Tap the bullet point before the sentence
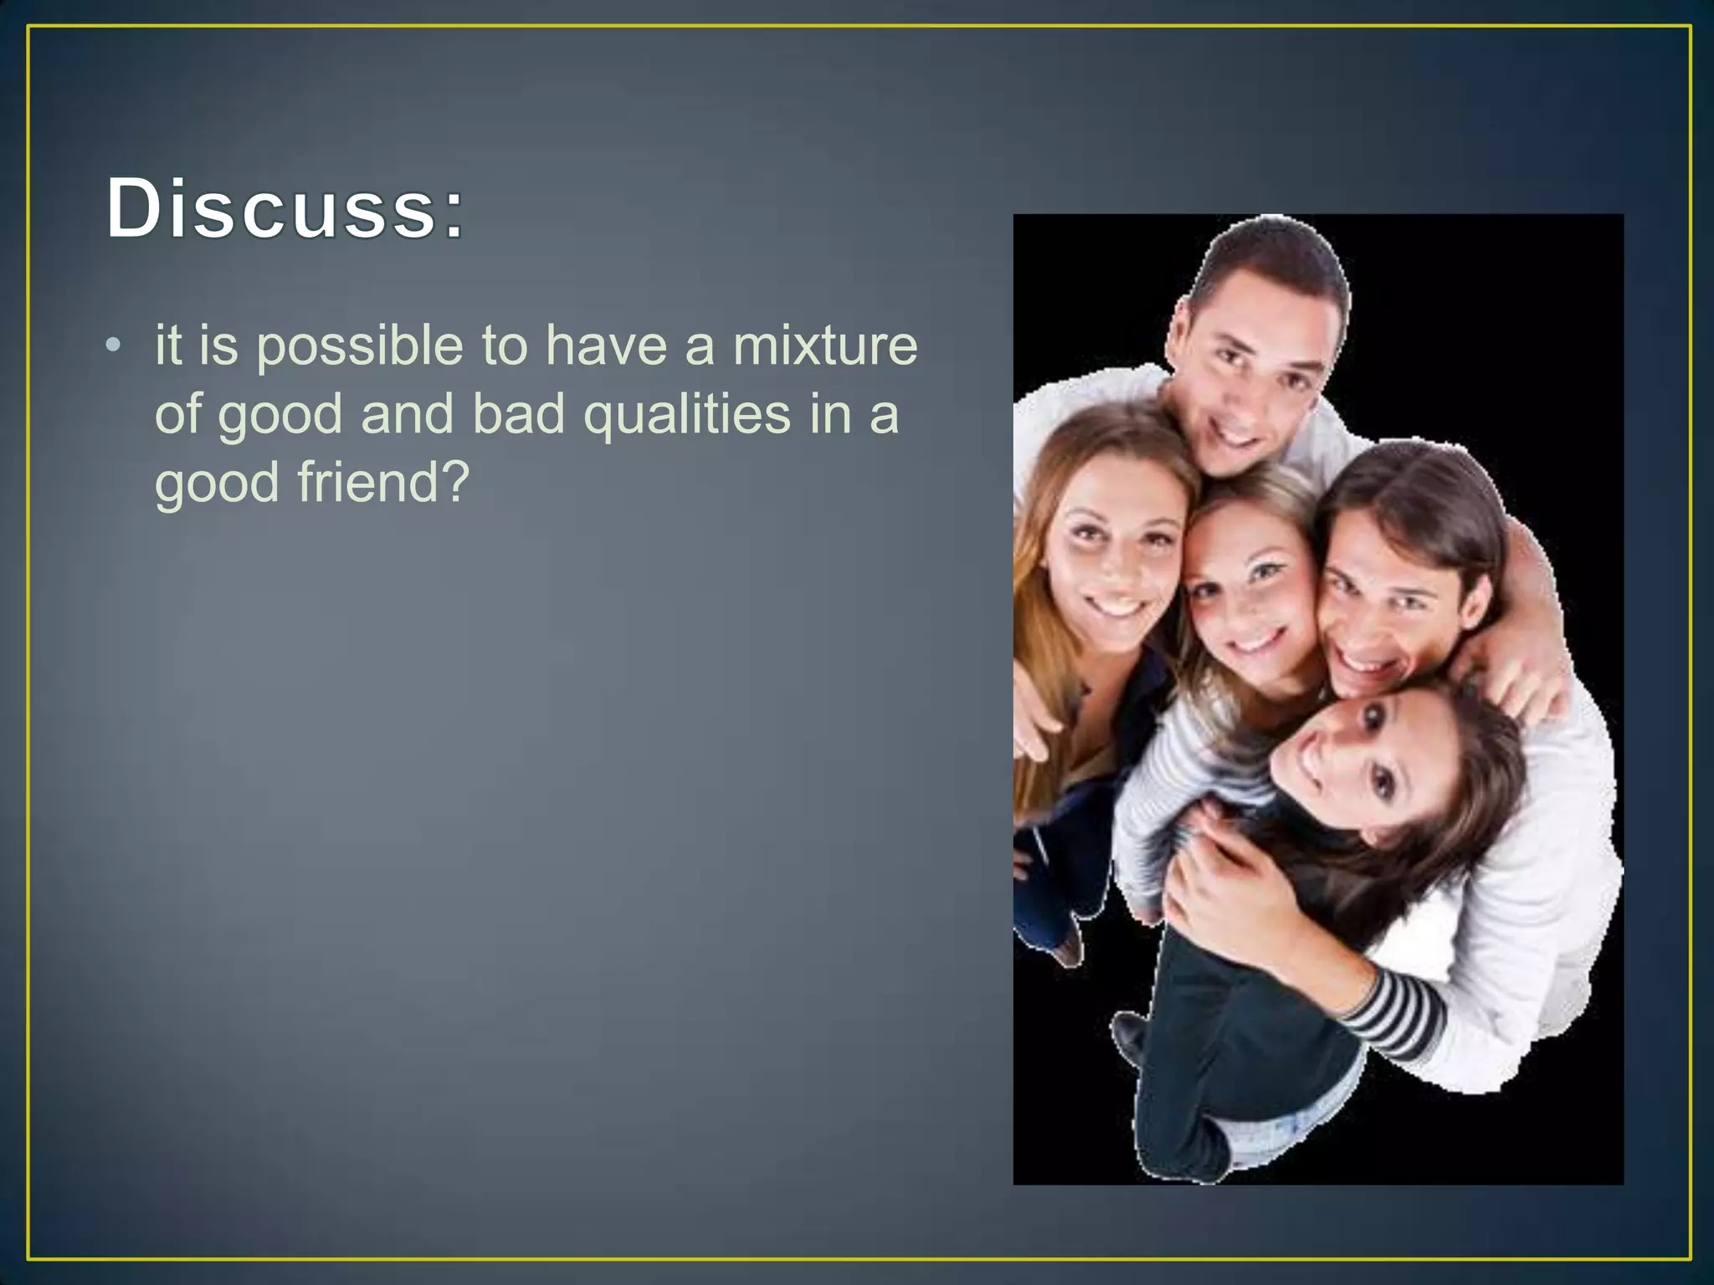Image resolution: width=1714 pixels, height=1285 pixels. click(114, 346)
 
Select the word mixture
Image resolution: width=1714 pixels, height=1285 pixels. click(825, 346)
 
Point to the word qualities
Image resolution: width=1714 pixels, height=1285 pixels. click(686, 415)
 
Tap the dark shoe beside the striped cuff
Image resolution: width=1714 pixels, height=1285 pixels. click(1130, 1037)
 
